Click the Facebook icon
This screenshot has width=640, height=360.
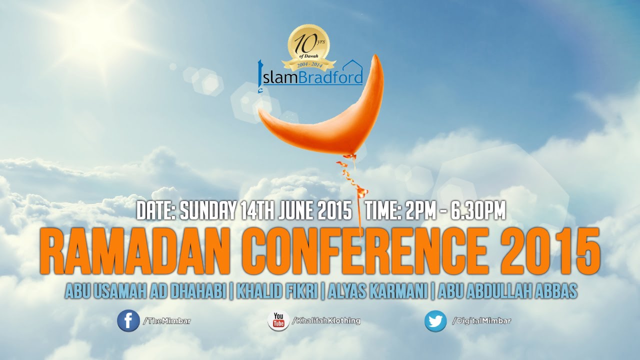[x=128, y=321]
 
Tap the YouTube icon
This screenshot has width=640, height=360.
[x=278, y=321]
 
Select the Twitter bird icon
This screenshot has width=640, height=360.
[x=435, y=321]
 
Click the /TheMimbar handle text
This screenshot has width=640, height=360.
[x=167, y=321]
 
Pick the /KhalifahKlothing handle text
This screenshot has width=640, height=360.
[x=326, y=320]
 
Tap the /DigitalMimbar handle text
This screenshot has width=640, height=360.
[x=481, y=320]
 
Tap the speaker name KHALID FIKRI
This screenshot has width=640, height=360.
[x=277, y=291]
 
